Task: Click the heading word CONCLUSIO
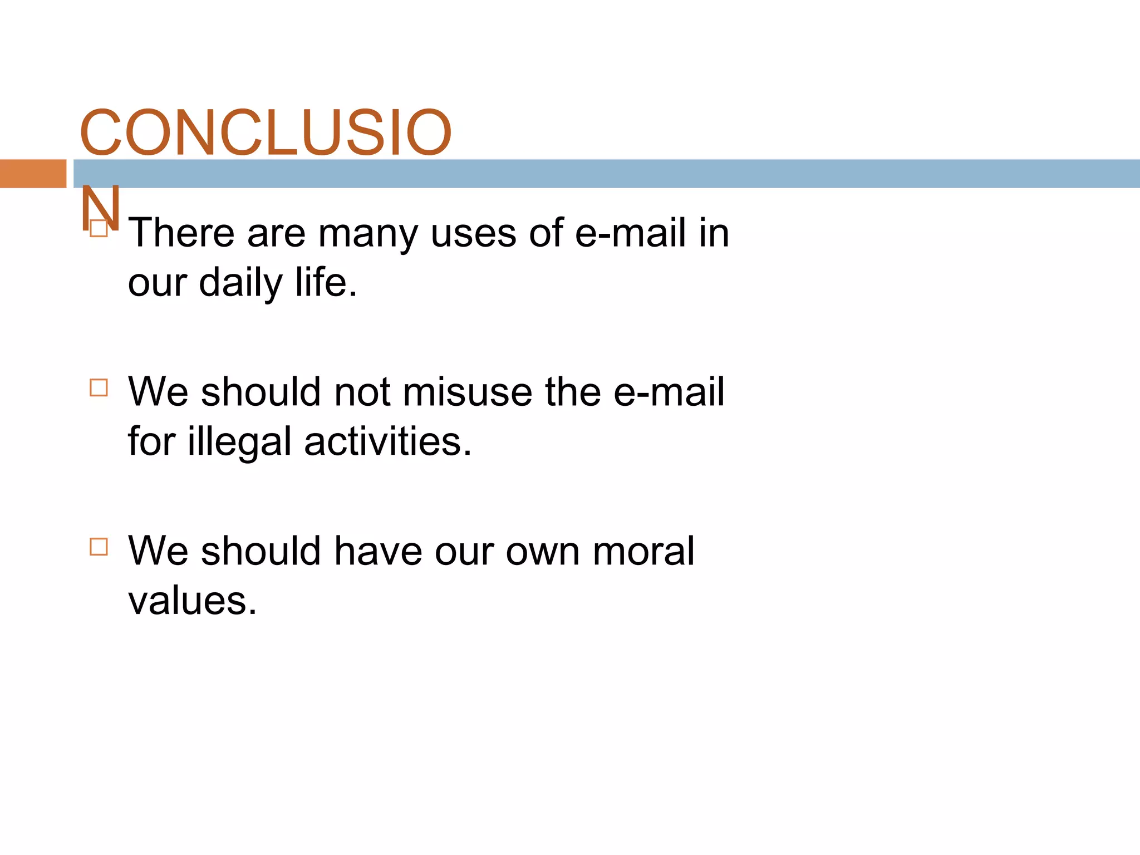pyautogui.click(x=266, y=132)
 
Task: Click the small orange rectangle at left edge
pyautogui.click(x=33, y=173)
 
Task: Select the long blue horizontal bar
pyautogui.click(x=607, y=173)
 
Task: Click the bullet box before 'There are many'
pyautogui.click(x=99, y=228)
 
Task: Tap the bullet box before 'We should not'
pyautogui.click(x=99, y=387)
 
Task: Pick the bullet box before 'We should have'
pyautogui.click(x=99, y=547)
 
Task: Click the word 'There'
pyautogui.click(x=181, y=233)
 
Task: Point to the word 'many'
pyautogui.click(x=367, y=234)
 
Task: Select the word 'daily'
pyautogui.click(x=240, y=283)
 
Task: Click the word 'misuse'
pyautogui.click(x=468, y=392)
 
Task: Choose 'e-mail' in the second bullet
pyautogui.click(x=669, y=392)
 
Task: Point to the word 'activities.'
pyautogui.click(x=388, y=441)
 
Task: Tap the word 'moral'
pyautogui.click(x=643, y=551)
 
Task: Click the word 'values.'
pyautogui.click(x=193, y=600)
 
